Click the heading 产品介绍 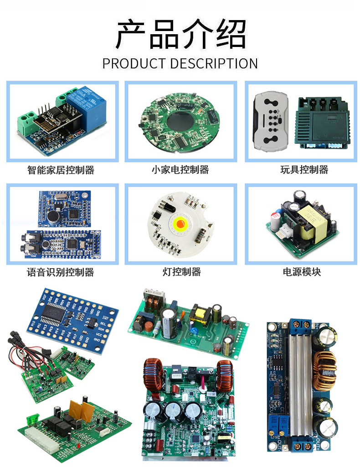point(180,34)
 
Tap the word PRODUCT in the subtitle point(135,63)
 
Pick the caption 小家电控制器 point(180,170)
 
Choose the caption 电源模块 point(302,272)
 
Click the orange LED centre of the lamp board point(179,224)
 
